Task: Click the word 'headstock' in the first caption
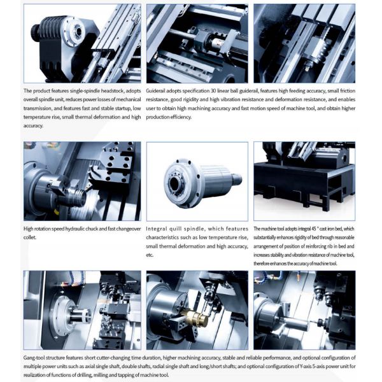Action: coord(112,91)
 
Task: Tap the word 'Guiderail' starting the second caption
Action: coord(156,91)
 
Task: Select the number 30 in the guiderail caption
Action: coord(213,91)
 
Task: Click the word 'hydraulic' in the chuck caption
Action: coord(81,229)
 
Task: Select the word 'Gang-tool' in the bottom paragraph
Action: coord(34,358)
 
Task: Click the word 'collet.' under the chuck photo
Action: coord(30,237)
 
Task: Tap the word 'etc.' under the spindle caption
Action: coord(150,255)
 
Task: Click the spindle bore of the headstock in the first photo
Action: coord(79,31)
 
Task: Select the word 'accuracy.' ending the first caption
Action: coord(33,126)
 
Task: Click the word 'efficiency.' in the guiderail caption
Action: coord(181,117)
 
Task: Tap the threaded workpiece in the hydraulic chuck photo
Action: coord(78,195)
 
